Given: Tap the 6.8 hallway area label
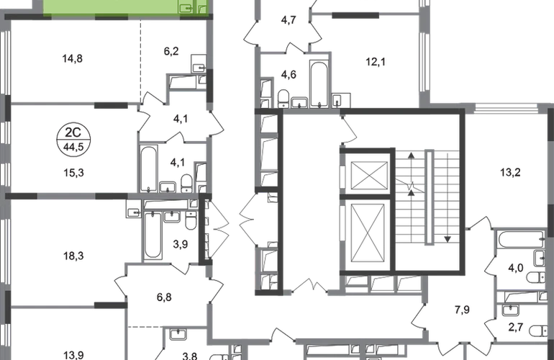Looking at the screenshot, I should (x=164, y=294).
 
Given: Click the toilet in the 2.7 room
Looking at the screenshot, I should (x=537, y=331).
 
